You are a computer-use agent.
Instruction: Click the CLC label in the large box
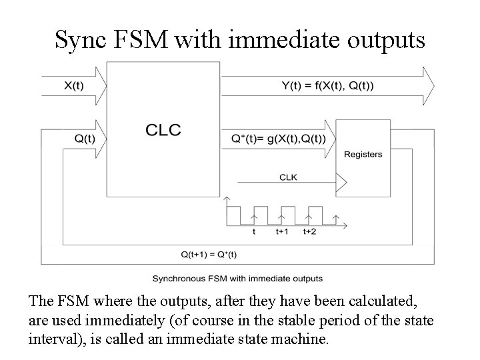point(163,129)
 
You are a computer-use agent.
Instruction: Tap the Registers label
point(363,154)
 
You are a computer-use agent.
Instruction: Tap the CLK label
point(287,177)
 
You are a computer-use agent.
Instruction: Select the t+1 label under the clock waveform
point(283,232)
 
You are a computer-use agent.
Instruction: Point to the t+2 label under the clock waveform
point(309,232)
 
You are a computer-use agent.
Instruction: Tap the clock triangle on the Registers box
point(342,181)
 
